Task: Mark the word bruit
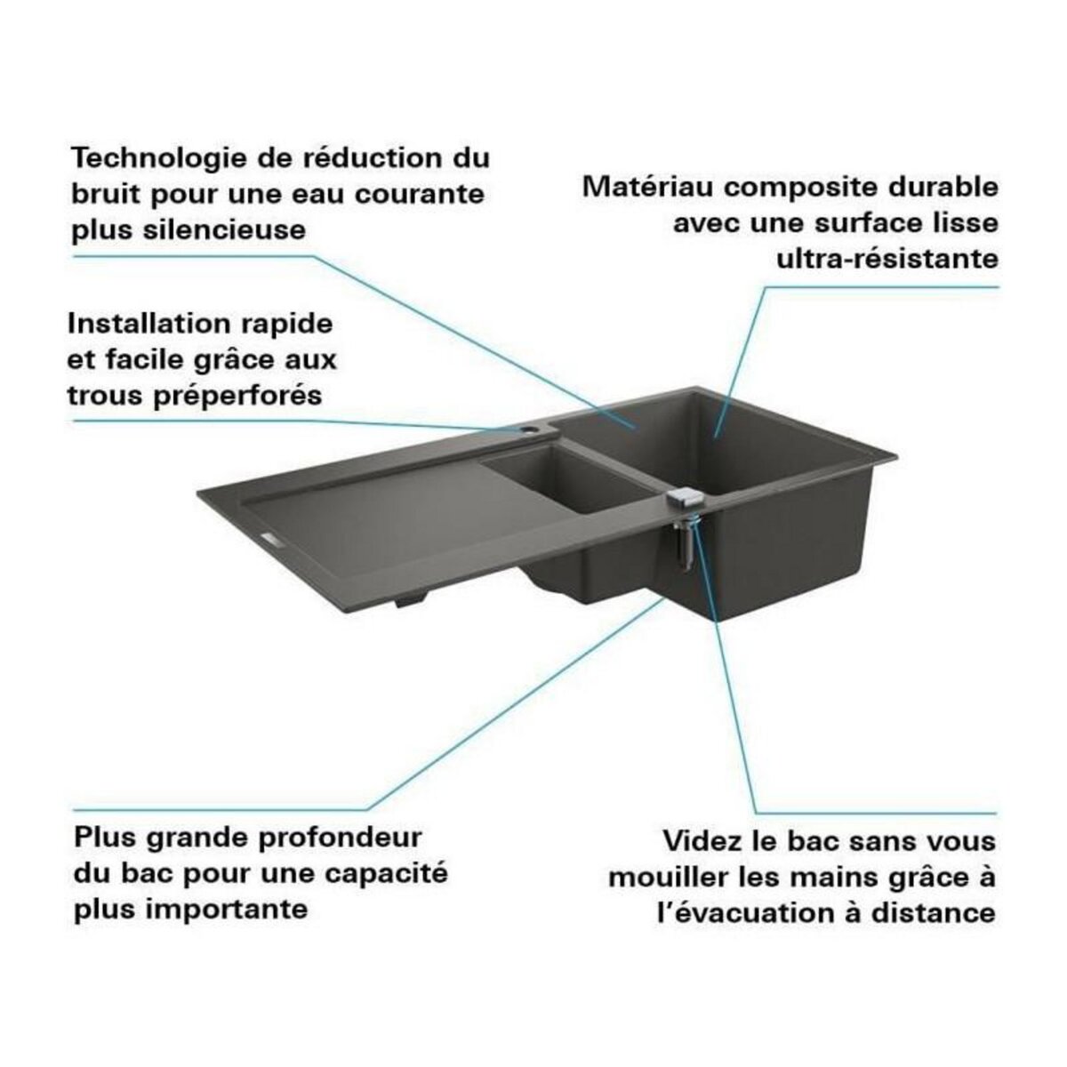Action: click(x=106, y=195)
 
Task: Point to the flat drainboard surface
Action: click(x=373, y=525)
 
